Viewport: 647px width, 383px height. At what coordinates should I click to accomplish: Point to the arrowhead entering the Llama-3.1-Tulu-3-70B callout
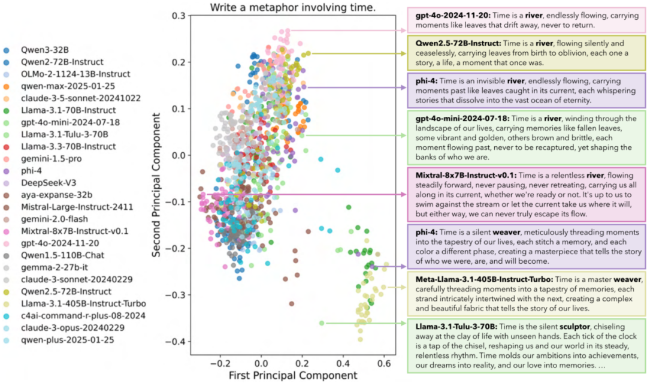click(x=404, y=323)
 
